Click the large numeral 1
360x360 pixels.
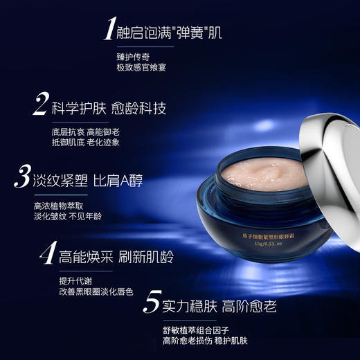109,30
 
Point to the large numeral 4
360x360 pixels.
46,254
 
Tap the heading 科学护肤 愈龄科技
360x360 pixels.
109,109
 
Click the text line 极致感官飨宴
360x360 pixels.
141,68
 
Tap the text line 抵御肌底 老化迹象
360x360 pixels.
86,142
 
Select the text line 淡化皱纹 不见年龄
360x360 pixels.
67,215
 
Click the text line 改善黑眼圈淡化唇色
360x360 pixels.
96,291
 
